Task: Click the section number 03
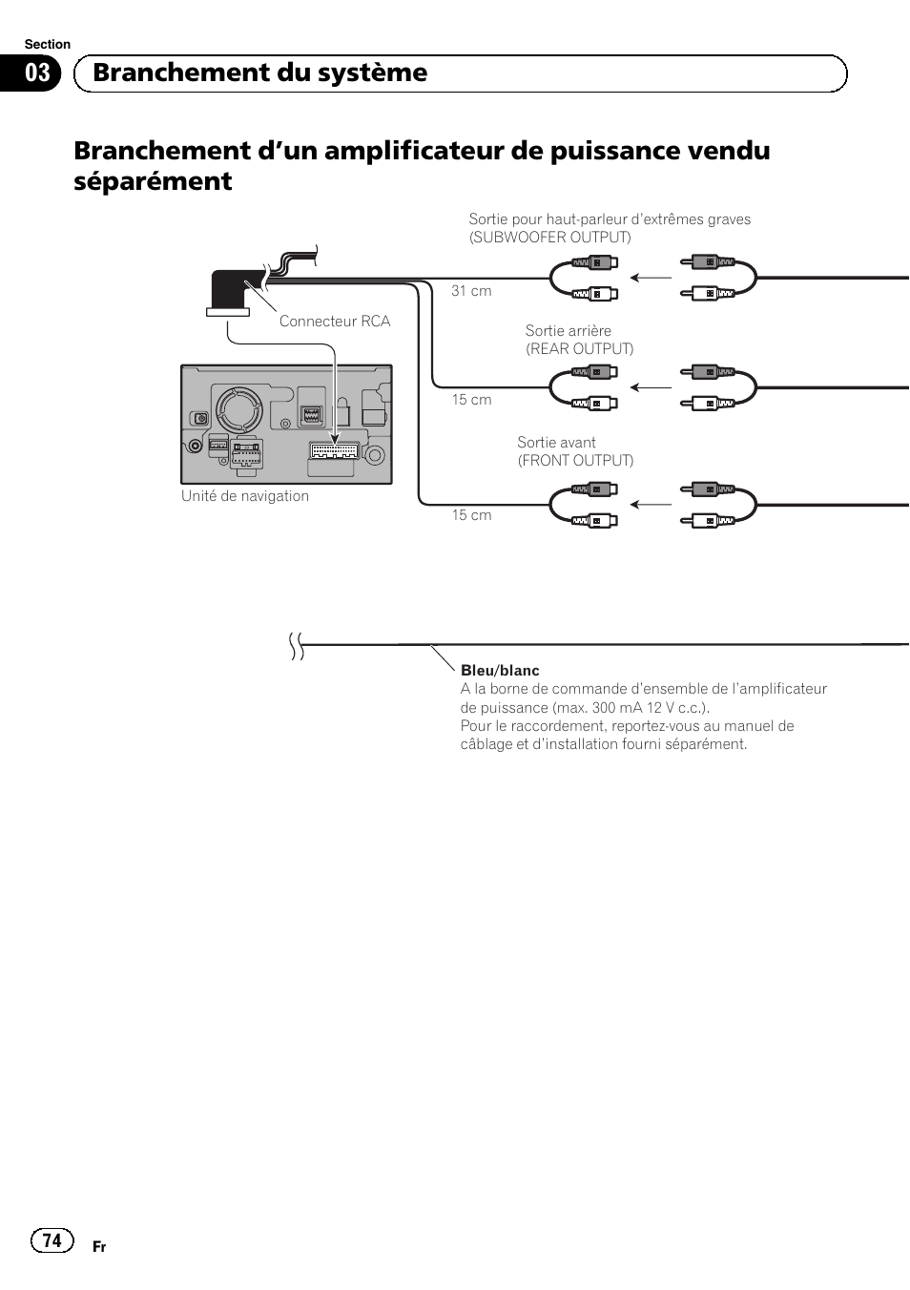point(37,73)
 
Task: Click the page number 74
point(52,1239)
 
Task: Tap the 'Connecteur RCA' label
point(335,322)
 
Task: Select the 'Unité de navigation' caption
point(245,496)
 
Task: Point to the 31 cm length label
point(471,291)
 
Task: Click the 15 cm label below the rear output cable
point(471,400)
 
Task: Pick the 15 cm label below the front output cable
point(471,515)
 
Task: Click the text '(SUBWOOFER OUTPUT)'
point(549,238)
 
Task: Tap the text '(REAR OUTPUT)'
point(579,349)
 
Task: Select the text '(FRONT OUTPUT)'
point(575,461)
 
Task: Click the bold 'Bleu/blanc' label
point(500,671)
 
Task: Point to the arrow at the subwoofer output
point(651,278)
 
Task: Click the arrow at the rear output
point(651,387)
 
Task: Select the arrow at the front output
point(651,505)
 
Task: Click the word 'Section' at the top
point(48,44)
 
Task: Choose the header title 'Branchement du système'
point(260,73)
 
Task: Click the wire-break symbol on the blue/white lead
point(297,647)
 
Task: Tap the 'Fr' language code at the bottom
point(99,1247)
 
